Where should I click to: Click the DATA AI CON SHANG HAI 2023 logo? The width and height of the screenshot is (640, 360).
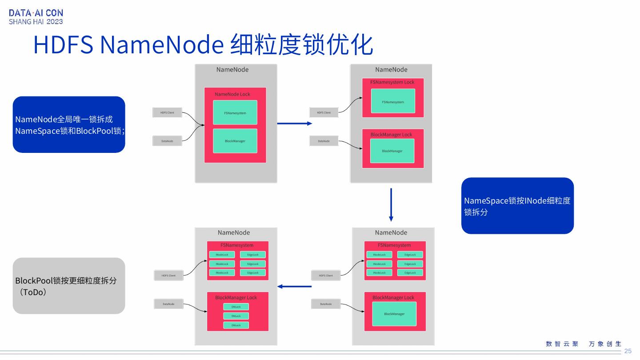pyautogui.click(x=36, y=17)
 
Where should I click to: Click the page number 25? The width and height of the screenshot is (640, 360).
pyautogui.click(x=628, y=351)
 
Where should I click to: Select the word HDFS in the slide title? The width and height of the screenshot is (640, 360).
pyautogui.click(x=63, y=45)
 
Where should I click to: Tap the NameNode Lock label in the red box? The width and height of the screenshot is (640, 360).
pyautogui.click(x=232, y=94)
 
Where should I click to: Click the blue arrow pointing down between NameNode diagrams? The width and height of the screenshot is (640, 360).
pyautogui.click(x=391, y=204)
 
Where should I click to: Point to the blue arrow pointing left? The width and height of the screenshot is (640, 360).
pyautogui.click(x=294, y=286)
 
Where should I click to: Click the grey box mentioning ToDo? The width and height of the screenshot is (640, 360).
pyautogui.click(x=69, y=286)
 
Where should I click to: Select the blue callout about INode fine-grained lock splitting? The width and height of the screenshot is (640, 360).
pyautogui.click(x=517, y=206)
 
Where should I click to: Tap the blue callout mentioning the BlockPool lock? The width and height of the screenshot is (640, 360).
pyautogui.click(x=69, y=124)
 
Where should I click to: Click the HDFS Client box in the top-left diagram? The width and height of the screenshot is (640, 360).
pyautogui.click(x=167, y=112)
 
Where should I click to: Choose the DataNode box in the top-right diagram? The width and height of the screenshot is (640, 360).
pyautogui.click(x=324, y=141)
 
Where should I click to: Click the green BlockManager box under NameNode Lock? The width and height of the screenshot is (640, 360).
pyautogui.click(x=235, y=141)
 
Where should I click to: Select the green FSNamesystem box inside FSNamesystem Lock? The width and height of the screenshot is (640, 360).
pyautogui.click(x=393, y=101)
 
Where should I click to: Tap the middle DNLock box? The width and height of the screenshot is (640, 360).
pyautogui.click(x=236, y=316)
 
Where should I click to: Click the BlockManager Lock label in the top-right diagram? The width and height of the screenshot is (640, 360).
pyautogui.click(x=391, y=135)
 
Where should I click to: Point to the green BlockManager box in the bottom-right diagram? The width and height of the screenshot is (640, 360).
pyautogui.click(x=394, y=314)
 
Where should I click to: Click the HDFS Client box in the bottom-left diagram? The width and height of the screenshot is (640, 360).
pyautogui.click(x=168, y=276)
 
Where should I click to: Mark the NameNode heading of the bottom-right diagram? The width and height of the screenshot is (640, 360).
pyautogui.click(x=391, y=232)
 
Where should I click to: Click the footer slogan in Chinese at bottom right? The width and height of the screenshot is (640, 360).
pyautogui.click(x=583, y=344)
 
